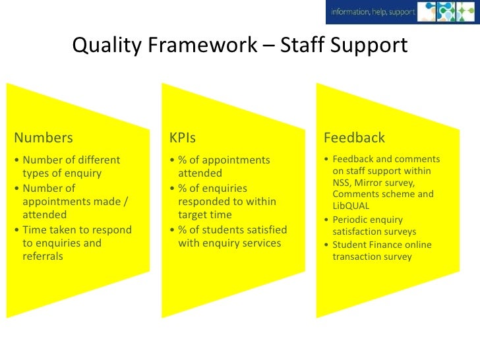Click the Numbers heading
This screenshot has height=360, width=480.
tap(44, 138)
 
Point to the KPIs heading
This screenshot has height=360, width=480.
tap(183, 138)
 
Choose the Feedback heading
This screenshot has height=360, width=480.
tap(354, 138)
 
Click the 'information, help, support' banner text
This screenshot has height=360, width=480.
tap(373, 11)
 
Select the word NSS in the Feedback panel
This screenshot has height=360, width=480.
tap(343, 182)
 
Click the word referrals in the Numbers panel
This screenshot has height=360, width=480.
tap(43, 256)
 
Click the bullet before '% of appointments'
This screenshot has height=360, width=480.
tap(172, 160)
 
